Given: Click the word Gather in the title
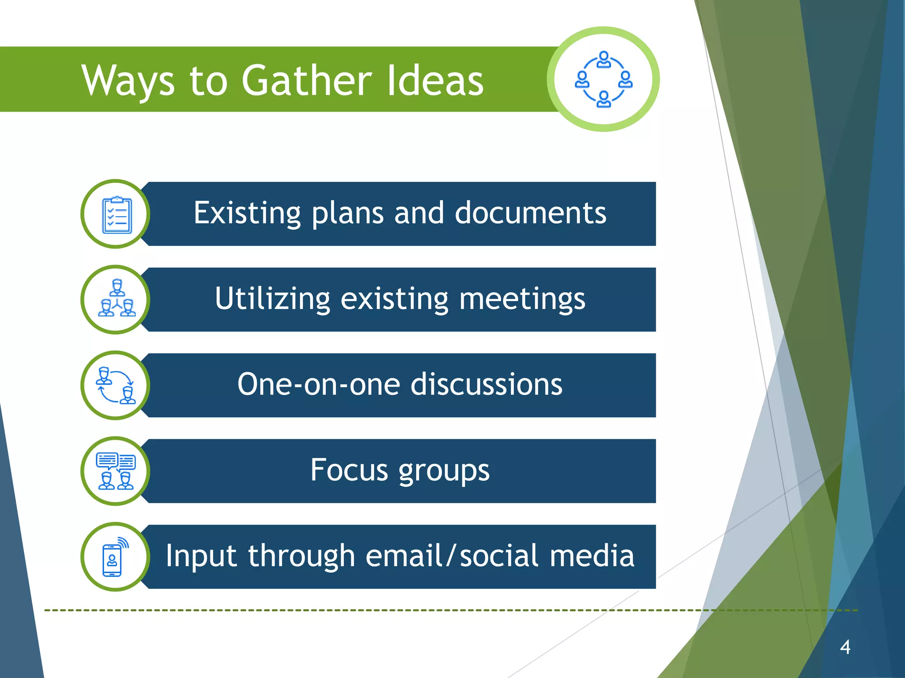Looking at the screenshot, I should [307, 80].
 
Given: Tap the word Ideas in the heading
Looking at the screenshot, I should [435, 80].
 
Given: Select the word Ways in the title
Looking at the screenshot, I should [128, 80].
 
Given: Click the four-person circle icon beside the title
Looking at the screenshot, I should [603, 79].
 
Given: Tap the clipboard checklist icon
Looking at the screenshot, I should [116, 215].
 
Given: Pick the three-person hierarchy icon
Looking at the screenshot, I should [116, 299].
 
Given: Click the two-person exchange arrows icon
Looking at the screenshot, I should [116, 385].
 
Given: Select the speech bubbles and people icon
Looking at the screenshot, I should [116, 471].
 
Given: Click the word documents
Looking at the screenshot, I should [530, 213].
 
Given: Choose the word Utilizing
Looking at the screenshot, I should [272, 299].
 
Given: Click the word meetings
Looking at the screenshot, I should [522, 299].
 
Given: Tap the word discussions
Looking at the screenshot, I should [487, 384].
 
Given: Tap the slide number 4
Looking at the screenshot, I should [845, 647].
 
